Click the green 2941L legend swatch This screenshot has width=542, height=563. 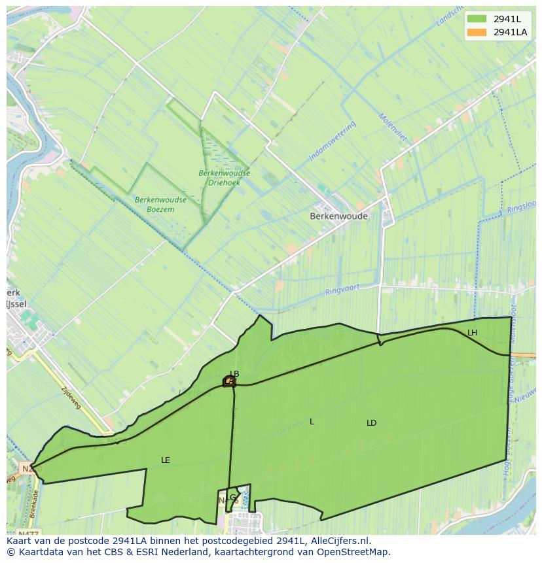pos(477,18)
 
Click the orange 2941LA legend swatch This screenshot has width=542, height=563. pos(477,32)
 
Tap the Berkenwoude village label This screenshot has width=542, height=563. pos(338,216)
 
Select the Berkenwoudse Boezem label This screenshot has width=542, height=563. pos(160,204)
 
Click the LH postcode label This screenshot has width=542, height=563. pos(472,333)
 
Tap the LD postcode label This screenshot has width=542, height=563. pos(371,423)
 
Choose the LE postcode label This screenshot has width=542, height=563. pos(166,460)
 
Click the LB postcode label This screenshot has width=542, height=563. pos(234,374)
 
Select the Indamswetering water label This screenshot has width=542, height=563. pos(332,141)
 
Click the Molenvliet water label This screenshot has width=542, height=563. pos(392,129)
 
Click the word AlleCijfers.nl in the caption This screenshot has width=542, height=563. pos(340,541)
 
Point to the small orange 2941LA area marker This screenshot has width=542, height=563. pos(229,381)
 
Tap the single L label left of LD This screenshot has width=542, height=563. pos(312,422)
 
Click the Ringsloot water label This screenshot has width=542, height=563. pos(520,210)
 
